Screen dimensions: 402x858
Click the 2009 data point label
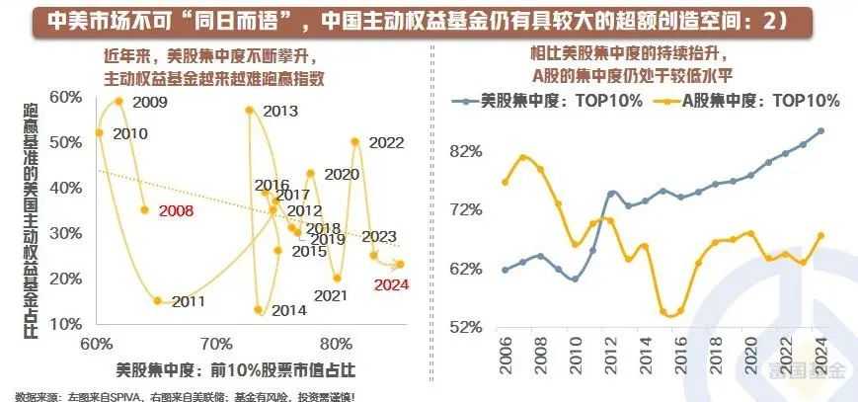[150, 103]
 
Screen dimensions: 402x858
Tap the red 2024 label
[390, 285]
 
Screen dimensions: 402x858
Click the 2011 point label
[188, 301]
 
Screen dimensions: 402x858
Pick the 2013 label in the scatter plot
[280, 111]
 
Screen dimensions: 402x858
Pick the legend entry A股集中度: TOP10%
[751, 101]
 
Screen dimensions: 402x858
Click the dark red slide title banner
[429, 22]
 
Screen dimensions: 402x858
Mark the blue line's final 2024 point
[821, 130]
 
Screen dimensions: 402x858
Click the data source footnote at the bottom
[188, 395]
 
